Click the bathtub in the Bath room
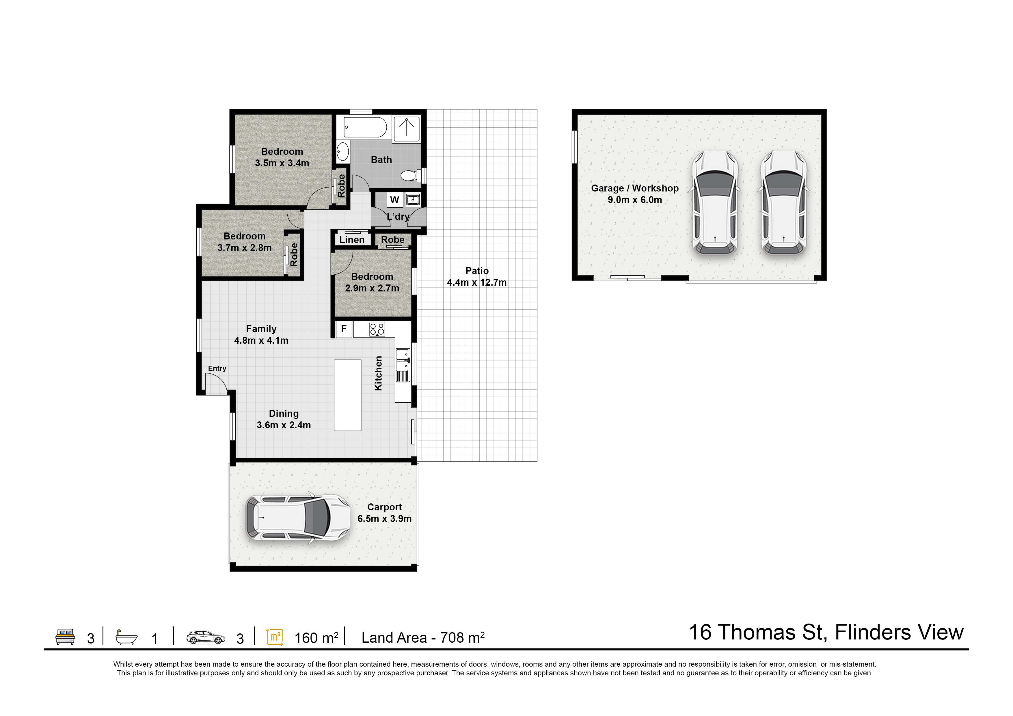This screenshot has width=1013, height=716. [x=365, y=127]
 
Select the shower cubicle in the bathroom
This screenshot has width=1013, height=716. [x=406, y=129]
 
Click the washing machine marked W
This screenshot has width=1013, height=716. [x=394, y=200]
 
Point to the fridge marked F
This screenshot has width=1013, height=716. [x=344, y=329]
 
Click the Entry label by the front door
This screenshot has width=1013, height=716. [x=217, y=368]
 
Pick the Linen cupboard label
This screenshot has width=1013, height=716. [x=352, y=239]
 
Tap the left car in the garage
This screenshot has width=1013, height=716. [x=715, y=203]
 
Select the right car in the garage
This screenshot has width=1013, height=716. [x=784, y=203]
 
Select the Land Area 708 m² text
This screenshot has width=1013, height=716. [x=423, y=637]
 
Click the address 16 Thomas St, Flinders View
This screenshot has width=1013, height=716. [x=826, y=632]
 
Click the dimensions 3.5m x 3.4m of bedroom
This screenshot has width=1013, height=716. [x=282, y=163]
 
